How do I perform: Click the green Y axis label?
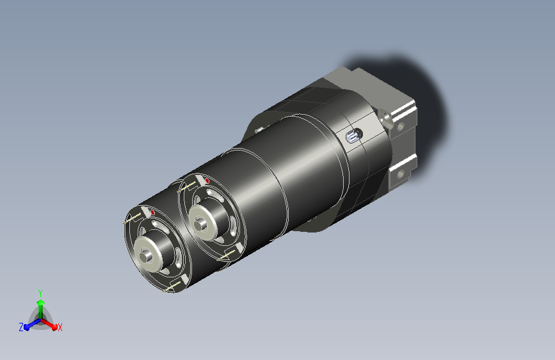[x=40, y=293]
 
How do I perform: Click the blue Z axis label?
[x=21, y=327]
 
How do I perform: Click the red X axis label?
[x=60, y=327]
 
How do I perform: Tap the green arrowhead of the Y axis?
[x=41, y=302]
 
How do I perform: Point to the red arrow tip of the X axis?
[x=54, y=327]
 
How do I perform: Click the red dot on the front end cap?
[x=152, y=212]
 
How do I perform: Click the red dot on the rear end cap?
[x=207, y=181]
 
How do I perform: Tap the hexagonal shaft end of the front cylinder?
[x=145, y=256]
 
